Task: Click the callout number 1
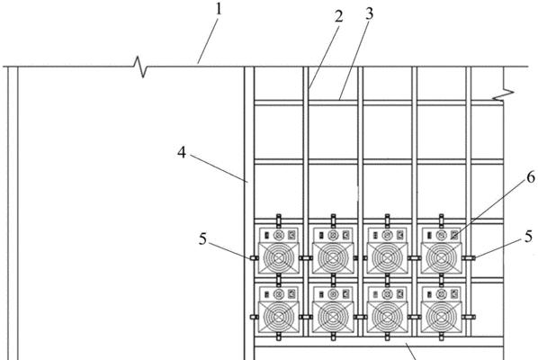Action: [x=219, y=9]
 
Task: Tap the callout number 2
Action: [x=338, y=16]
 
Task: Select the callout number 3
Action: [x=369, y=13]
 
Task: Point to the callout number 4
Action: [x=182, y=152]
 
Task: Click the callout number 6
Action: [x=531, y=177]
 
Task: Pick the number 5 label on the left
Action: [x=203, y=238]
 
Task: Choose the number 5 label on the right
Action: [x=529, y=237]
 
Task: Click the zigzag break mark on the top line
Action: [x=140, y=67]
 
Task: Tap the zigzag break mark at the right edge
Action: [x=504, y=94]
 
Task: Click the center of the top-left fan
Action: [x=279, y=257]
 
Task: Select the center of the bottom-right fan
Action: [x=442, y=317]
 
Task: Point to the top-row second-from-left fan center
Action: [x=333, y=257]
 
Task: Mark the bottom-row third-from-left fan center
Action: [x=388, y=317]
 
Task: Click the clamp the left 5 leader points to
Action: [x=254, y=258]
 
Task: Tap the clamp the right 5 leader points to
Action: [x=469, y=258]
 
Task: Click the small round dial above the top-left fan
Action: [x=279, y=236]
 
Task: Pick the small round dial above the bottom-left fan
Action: [x=279, y=294]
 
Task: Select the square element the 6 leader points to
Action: [x=454, y=235]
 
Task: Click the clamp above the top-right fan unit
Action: [x=442, y=220]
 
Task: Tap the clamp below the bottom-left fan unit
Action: [x=279, y=337]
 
